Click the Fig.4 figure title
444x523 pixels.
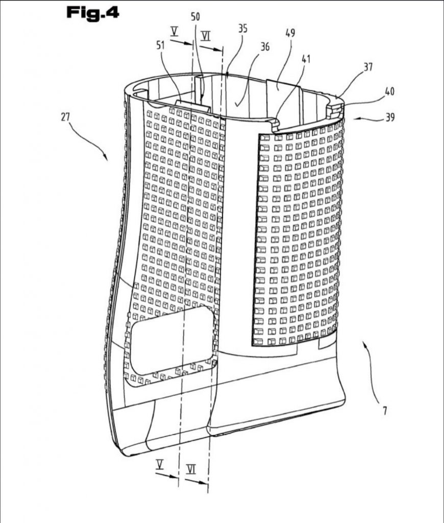click(x=93, y=13)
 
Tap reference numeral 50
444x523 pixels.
click(x=195, y=16)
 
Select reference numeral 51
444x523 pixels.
click(x=161, y=45)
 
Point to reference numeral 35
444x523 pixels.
click(x=242, y=29)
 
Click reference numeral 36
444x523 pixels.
click(x=265, y=46)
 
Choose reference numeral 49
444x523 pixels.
click(x=290, y=33)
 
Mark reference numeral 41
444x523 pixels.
click(x=306, y=59)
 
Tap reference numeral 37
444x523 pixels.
click(x=367, y=67)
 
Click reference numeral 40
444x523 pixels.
click(x=389, y=91)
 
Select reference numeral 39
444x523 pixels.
click(x=389, y=117)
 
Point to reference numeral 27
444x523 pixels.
click(x=65, y=117)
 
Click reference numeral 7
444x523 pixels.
click(x=385, y=411)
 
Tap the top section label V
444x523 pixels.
click(x=174, y=32)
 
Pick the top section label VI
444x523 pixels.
click(x=206, y=36)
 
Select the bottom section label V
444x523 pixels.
click(x=160, y=465)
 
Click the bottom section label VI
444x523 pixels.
click(x=191, y=469)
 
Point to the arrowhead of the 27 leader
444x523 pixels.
click(x=106, y=157)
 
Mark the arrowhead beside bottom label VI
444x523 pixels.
click(x=206, y=483)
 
